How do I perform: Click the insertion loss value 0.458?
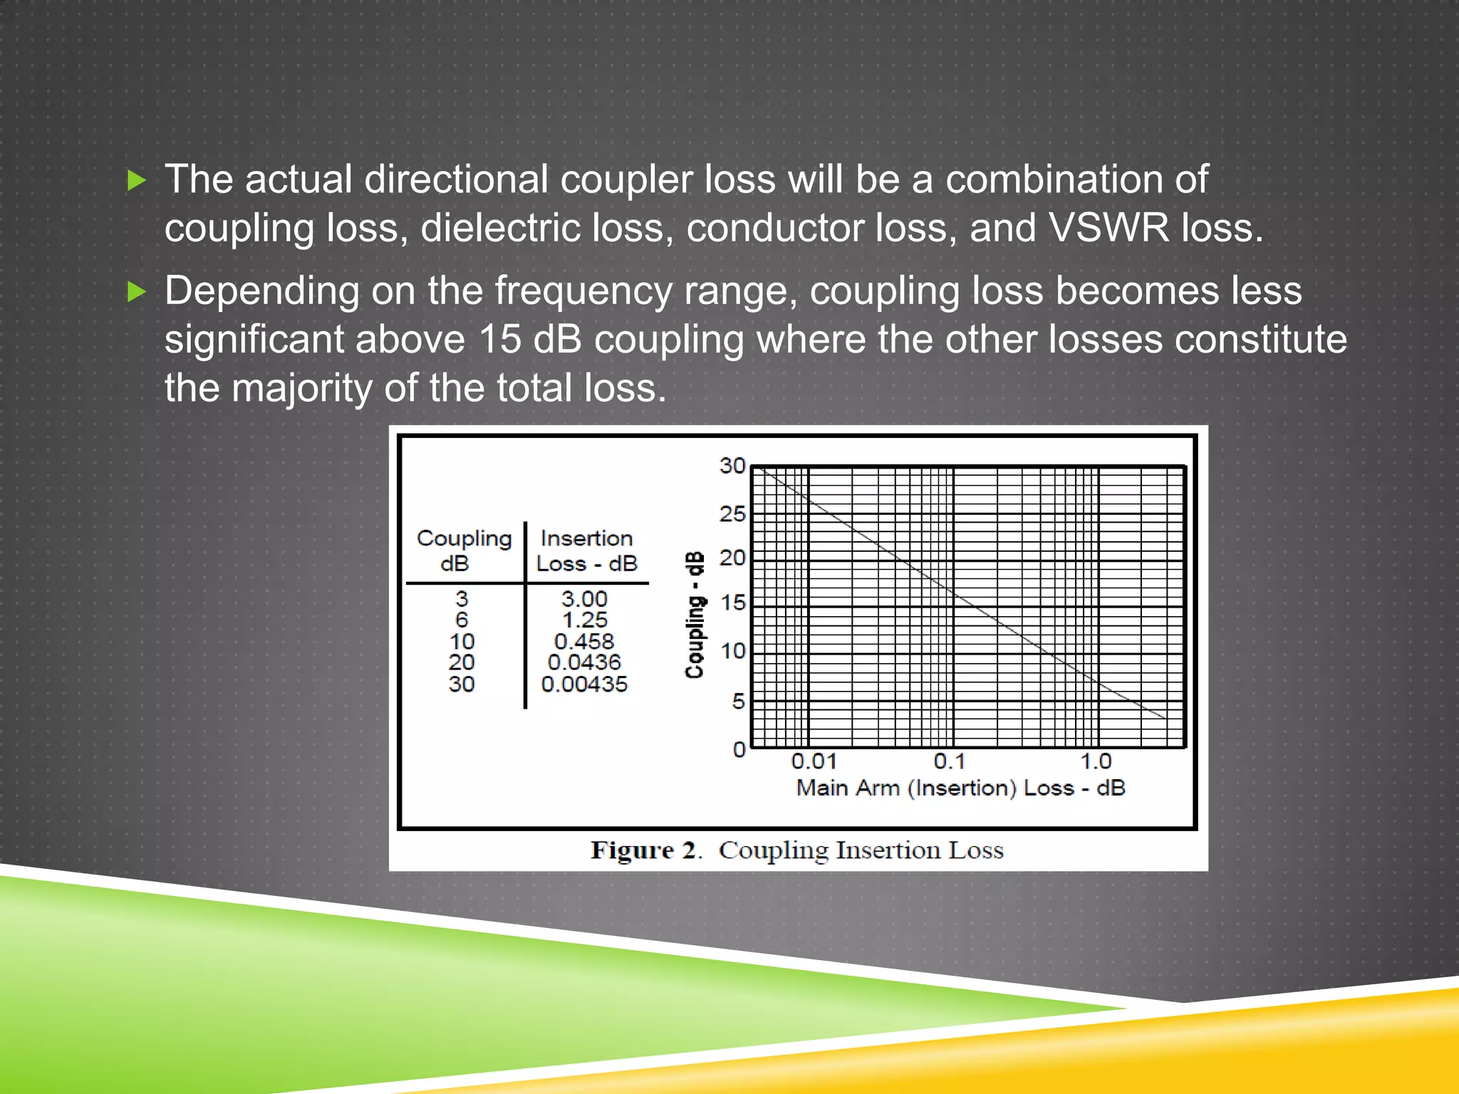pos(583,641)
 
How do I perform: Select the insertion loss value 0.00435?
pos(584,684)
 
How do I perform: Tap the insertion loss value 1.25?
pos(585,620)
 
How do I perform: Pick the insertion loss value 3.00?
pos(584,598)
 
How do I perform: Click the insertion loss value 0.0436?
pos(584,662)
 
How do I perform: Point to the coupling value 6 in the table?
pos(462,620)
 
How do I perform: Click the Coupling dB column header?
pos(464,551)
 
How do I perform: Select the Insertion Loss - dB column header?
pos(586,551)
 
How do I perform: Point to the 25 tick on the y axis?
pos(732,514)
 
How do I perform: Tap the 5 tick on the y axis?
pos(738,702)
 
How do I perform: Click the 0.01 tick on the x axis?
pos(814,761)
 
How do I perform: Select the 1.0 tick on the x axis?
pos(1096,761)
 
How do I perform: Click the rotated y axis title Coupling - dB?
pos(695,615)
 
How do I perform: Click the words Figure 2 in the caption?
pos(643,850)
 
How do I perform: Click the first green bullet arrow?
pos(136,180)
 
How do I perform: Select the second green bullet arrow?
pos(136,291)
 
